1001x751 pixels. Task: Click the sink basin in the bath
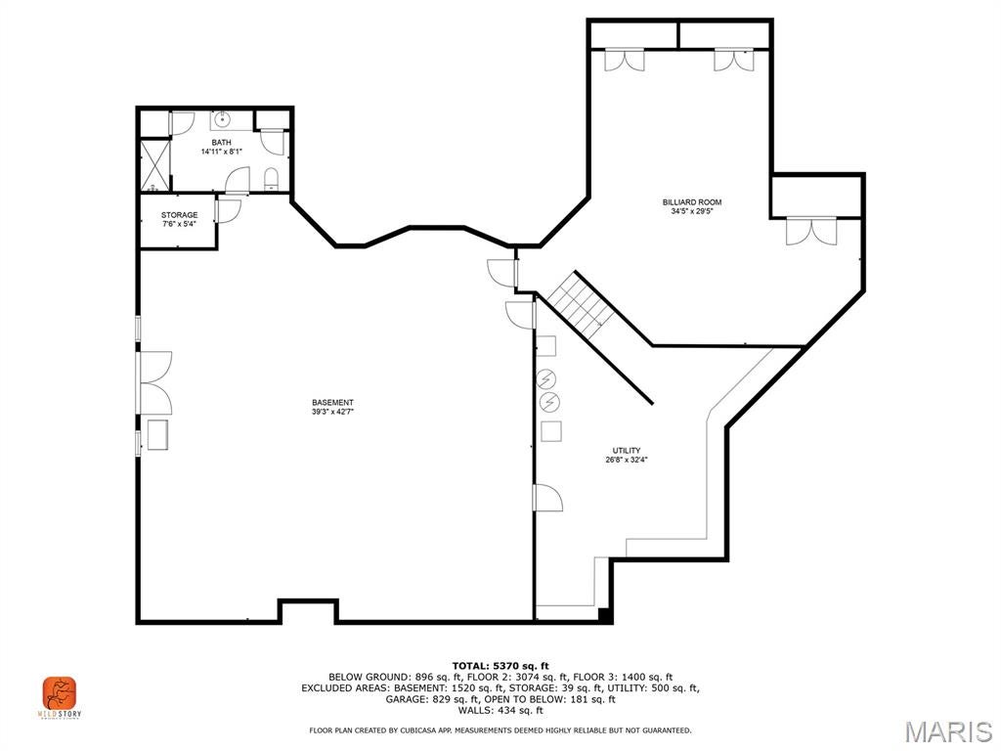click(x=222, y=120)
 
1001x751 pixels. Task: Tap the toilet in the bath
click(x=272, y=178)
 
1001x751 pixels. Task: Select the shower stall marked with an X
click(x=153, y=164)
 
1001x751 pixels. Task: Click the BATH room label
click(x=222, y=143)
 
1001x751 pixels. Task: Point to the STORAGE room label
click(x=179, y=215)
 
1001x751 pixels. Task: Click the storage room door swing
click(x=229, y=210)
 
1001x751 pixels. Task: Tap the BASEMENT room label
click(x=332, y=403)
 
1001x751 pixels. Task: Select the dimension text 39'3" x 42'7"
click(x=332, y=412)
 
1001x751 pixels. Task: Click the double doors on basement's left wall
click(x=154, y=382)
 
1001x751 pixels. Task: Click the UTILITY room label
click(x=627, y=451)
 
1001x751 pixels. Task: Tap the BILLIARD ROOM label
click(x=691, y=202)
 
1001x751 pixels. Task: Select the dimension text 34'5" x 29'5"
click(x=691, y=211)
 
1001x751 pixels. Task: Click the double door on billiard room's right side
click(x=811, y=232)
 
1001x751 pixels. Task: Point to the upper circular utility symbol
click(x=548, y=378)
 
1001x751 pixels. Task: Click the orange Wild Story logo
click(x=59, y=694)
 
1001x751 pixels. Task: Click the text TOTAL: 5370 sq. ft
click(x=500, y=666)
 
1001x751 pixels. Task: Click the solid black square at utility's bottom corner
click(x=605, y=615)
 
